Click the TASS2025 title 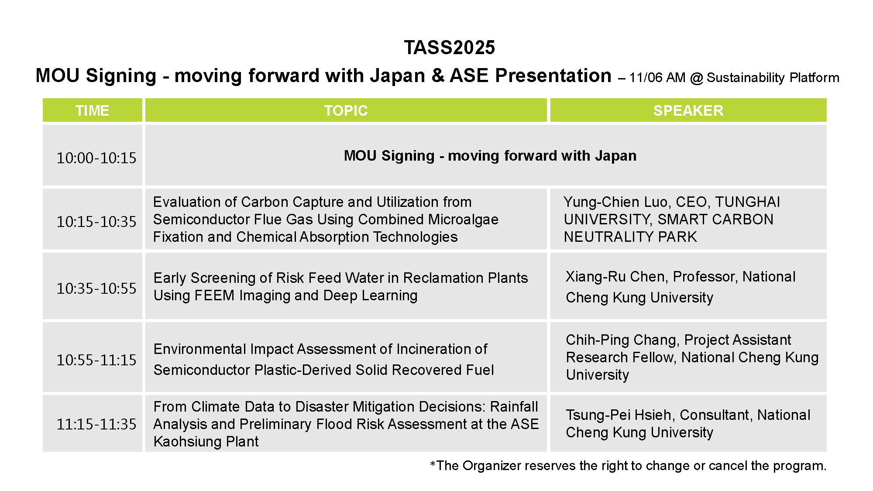(449, 48)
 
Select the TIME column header (92, 110)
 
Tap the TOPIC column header (346, 110)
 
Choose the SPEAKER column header (688, 110)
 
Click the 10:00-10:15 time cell (96, 158)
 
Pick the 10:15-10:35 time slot (96, 222)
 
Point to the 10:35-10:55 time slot (96, 288)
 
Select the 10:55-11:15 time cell (96, 360)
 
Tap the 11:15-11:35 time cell (96, 424)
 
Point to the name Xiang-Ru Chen (615, 277)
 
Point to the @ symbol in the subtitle (696, 78)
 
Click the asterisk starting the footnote (433, 463)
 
